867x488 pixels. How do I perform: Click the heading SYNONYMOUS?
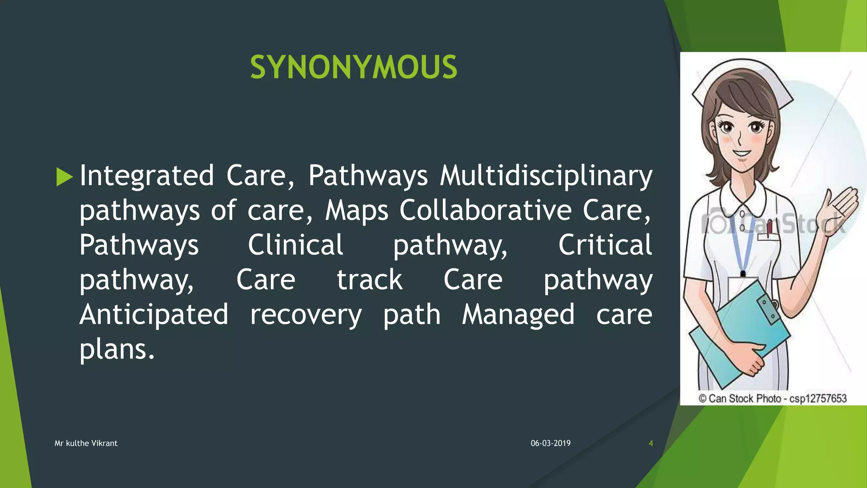point(353,67)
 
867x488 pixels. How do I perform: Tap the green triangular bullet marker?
point(64,177)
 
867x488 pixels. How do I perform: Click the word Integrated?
point(146,176)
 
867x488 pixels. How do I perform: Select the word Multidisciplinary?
point(546,176)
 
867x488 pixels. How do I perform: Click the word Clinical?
point(295,245)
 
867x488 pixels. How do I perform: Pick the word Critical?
point(605,245)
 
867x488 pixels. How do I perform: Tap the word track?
point(370,280)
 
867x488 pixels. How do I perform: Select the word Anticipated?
point(154,315)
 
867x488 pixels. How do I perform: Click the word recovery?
point(306,315)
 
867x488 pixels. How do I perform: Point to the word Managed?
point(518,315)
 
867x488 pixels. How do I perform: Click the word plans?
point(117,349)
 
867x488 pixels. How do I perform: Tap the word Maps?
point(356,210)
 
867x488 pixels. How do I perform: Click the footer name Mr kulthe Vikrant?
point(86,443)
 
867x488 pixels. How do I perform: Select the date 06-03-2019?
point(550,443)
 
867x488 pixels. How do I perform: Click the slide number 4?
point(651,443)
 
